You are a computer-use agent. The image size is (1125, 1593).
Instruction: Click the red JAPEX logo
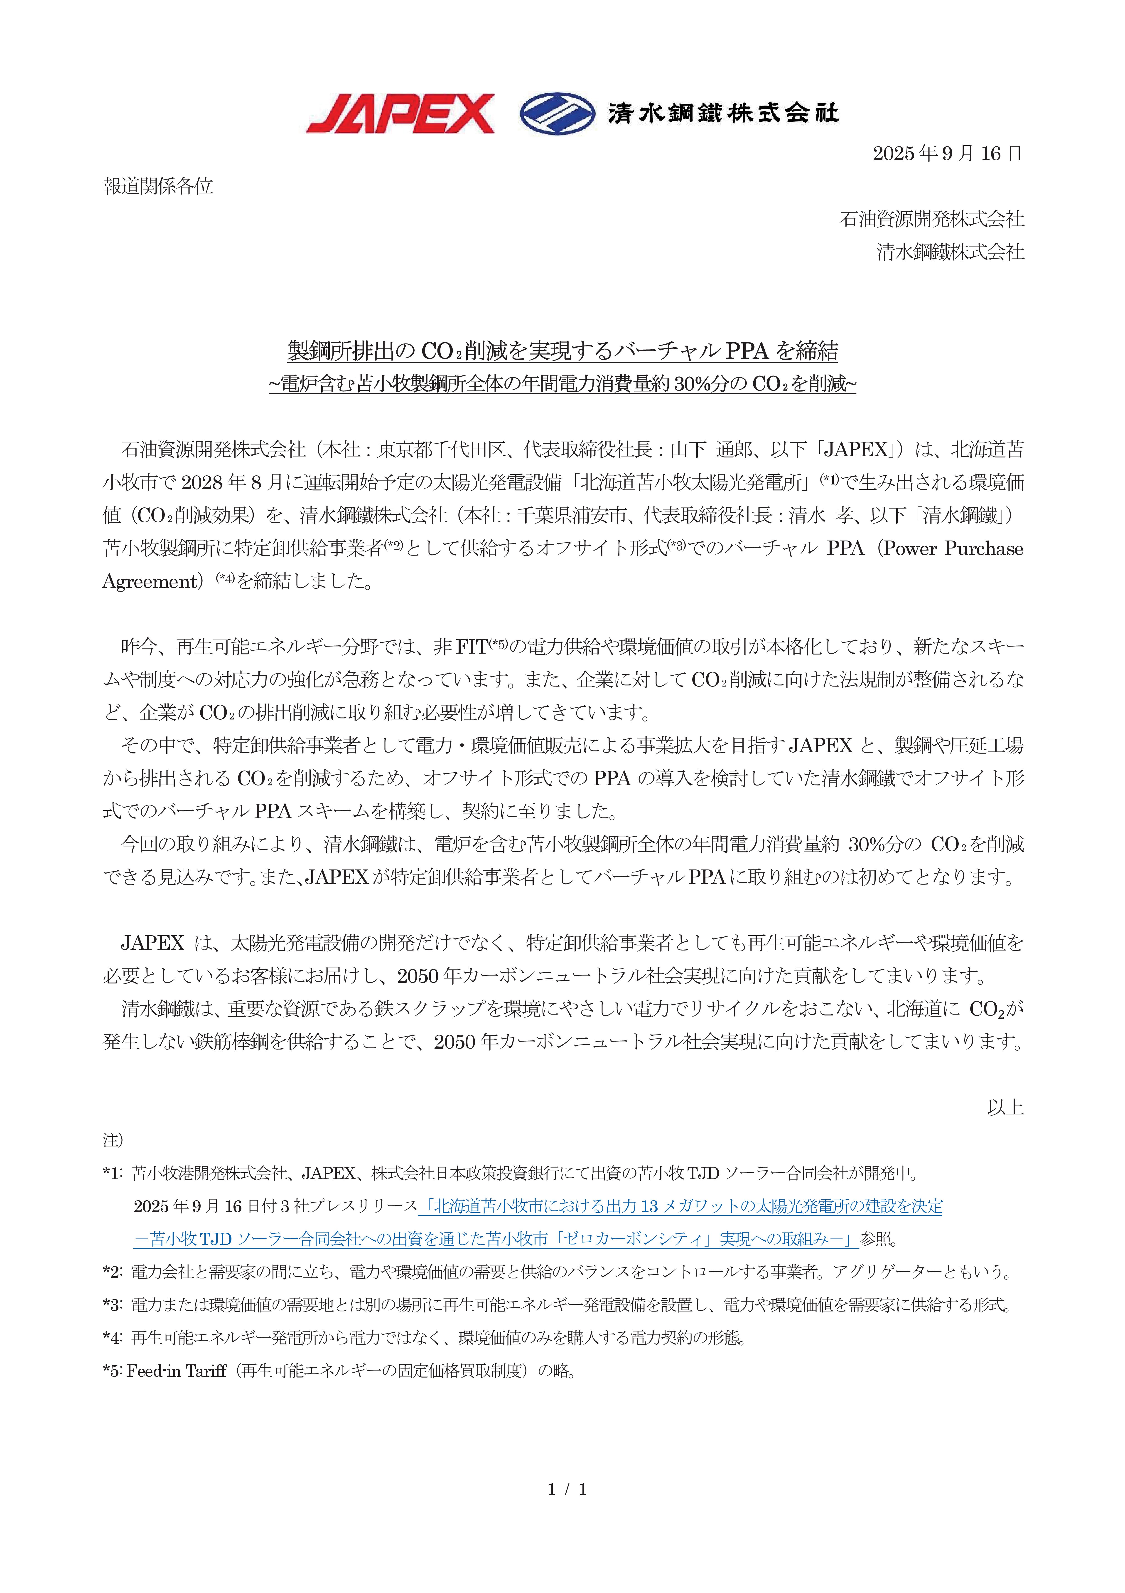(x=400, y=114)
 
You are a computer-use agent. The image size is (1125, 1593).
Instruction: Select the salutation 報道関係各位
(x=158, y=186)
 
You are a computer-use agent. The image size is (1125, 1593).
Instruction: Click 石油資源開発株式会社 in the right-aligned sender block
(x=931, y=219)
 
